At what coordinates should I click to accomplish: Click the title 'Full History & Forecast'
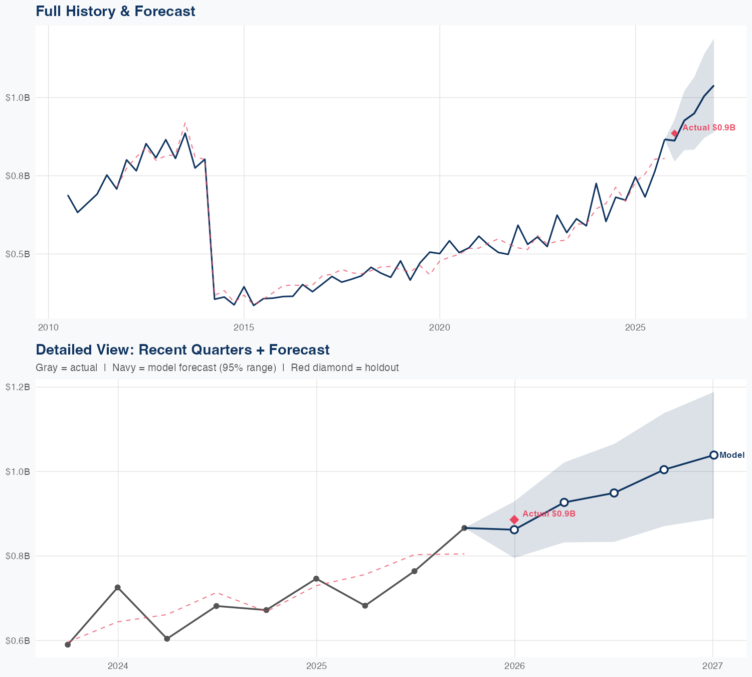[x=115, y=11]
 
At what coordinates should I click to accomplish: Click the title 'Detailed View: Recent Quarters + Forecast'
[x=182, y=350]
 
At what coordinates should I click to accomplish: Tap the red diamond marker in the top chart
[x=675, y=133]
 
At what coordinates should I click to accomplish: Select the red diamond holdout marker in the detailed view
[x=514, y=520]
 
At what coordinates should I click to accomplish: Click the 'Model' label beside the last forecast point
[x=732, y=455]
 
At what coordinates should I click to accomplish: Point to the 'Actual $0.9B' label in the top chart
[x=709, y=128]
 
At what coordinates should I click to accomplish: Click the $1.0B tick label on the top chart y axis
[x=18, y=97]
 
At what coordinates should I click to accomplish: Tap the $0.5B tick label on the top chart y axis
[x=18, y=254]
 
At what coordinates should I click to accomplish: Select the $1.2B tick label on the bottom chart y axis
[x=18, y=387]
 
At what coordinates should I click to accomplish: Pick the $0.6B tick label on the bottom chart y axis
[x=18, y=640]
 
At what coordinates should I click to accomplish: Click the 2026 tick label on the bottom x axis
[x=514, y=666]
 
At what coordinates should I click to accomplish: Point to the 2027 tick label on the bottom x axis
[x=712, y=666]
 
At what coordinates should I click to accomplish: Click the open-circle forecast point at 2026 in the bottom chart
[x=514, y=530]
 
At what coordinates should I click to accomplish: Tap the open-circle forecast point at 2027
[x=713, y=455]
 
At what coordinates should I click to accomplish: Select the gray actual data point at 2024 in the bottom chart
[x=117, y=587]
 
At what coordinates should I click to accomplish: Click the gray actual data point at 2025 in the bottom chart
[x=316, y=579]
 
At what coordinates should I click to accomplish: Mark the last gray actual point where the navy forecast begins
[x=464, y=528]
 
